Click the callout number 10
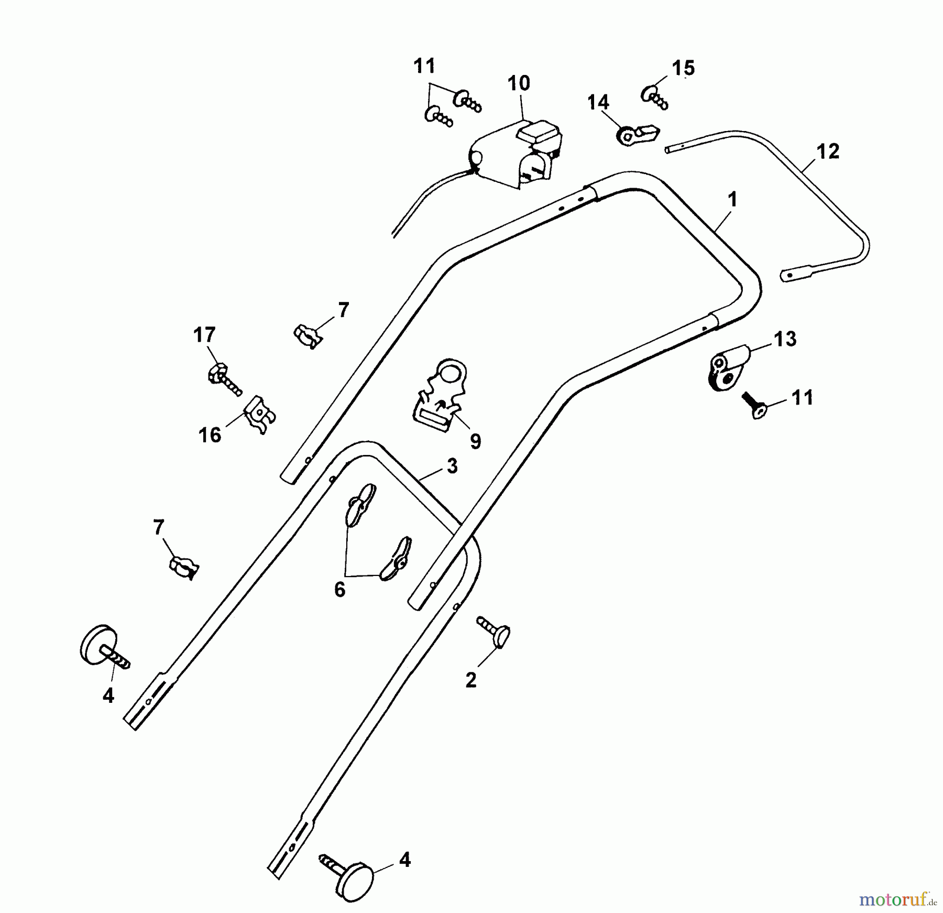click(x=519, y=83)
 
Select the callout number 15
click(x=683, y=68)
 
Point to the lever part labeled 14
click(x=636, y=135)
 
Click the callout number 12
click(x=828, y=151)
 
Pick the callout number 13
click(x=785, y=339)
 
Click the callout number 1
click(x=732, y=200)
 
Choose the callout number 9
click(x=475, y=441)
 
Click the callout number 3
click(x=452, y=466)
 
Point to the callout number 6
click(x=340, y=590)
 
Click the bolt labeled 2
click(x=494, y=632)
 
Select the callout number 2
click(x=471, y=680)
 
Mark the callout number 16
click(x=210, y=435)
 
